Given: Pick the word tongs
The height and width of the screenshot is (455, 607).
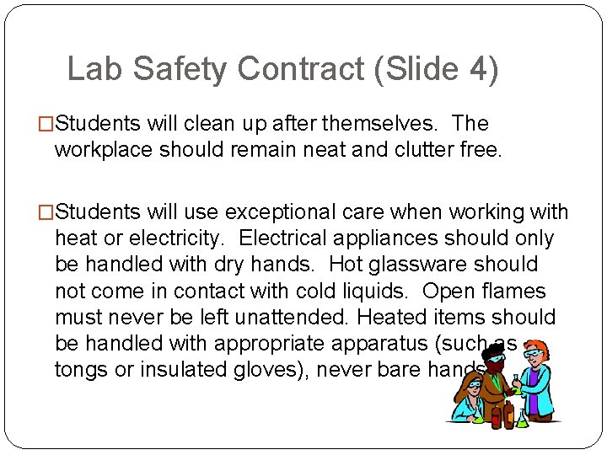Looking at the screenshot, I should tap(83, 371).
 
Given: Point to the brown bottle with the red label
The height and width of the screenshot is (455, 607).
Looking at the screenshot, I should tap(508, 415).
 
